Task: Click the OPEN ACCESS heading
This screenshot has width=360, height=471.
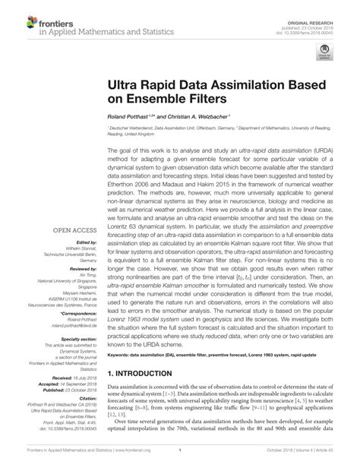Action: [x=75, y=228]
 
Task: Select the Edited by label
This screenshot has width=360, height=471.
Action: [x=82, y=242]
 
